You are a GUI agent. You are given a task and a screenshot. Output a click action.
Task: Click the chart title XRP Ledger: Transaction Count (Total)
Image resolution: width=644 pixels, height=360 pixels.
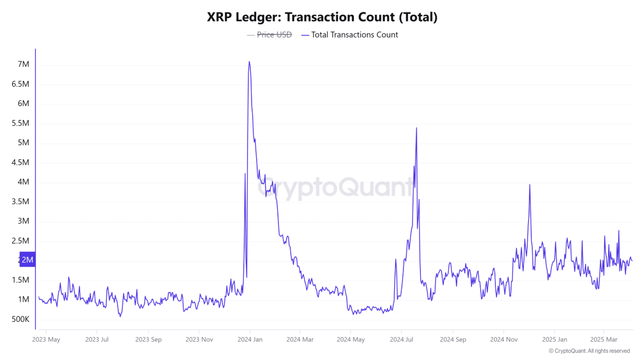pos(322,17)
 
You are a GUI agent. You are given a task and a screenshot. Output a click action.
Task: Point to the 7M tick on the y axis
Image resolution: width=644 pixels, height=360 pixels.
pos(23,64)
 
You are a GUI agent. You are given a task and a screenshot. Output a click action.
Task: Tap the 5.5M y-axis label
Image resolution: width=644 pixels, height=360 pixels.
pos(20,123)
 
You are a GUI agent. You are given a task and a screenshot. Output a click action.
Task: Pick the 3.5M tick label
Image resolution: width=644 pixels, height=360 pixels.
pos(20,201)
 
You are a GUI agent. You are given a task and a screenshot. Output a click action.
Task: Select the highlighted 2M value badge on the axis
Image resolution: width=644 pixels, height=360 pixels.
pos(27,260)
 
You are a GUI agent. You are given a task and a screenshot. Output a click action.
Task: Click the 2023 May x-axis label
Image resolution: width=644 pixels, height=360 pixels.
pos(46,340)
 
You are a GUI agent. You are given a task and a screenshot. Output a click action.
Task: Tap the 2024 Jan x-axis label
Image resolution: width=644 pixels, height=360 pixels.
pos(249,340)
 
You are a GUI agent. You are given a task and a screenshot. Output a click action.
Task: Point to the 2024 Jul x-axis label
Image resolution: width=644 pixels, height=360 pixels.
pos(402,340)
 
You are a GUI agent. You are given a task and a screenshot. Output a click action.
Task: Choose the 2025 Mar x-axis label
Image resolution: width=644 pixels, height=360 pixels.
pos(604,340)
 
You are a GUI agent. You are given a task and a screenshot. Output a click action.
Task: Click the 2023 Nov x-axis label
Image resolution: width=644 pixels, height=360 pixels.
pos(199,340)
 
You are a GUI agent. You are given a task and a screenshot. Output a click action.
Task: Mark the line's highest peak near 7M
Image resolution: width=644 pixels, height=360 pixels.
pos(249,62)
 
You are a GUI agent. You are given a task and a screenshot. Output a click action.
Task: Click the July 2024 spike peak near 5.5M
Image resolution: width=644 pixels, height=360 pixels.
pos(416,128)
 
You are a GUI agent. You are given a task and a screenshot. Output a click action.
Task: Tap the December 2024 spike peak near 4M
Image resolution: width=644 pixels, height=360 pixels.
pos(530,185)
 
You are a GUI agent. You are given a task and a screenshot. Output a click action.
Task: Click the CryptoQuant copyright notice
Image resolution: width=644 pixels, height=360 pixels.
pos(589,351)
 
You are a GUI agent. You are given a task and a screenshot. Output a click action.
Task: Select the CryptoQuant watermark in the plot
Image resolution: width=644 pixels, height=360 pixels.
pos(336,188)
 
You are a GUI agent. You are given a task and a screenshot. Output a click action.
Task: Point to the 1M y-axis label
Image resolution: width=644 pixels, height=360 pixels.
pos(23,299)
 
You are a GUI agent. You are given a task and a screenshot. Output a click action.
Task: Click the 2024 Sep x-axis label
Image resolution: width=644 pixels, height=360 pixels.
pos(453,340)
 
